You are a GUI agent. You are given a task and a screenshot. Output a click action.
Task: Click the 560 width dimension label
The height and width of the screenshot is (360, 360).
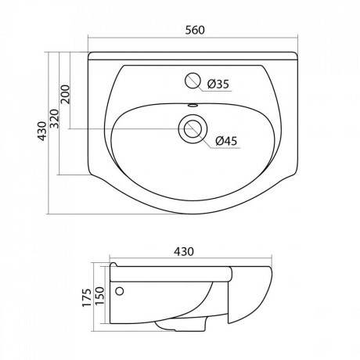coord(195,30)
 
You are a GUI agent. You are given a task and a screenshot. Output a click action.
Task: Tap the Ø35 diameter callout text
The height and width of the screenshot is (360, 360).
coord(218,84)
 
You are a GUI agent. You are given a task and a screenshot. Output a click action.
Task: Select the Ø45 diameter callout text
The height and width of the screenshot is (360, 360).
coord(226,141)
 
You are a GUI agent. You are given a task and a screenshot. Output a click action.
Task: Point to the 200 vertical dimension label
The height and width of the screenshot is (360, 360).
coord(66,94)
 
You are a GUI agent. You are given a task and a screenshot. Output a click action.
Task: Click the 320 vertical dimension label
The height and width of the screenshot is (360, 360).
coord(55,119)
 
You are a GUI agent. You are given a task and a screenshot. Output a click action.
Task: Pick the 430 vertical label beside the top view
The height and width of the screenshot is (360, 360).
coord(43,131)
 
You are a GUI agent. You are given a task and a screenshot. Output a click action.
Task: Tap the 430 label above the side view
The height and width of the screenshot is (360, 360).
coord(184,251)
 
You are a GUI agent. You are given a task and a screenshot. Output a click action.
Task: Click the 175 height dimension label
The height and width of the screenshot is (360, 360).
coord(87,297)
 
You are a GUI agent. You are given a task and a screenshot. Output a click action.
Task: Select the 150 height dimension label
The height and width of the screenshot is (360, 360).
coord(99,296)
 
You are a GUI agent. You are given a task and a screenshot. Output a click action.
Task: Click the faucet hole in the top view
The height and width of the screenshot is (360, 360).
coord(193,80)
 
